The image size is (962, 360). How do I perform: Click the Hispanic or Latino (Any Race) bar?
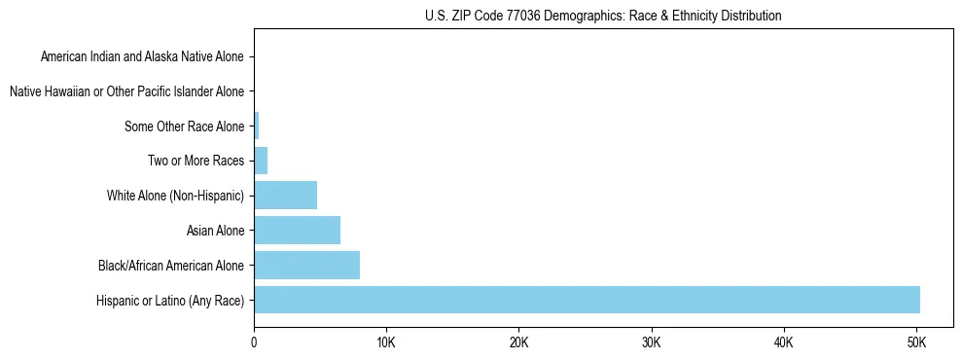pos(587,300)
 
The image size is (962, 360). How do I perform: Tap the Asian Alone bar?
pos(297,231)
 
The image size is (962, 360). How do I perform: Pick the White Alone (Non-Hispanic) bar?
pos(285,196)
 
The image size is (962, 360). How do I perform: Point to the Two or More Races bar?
pos(261,161)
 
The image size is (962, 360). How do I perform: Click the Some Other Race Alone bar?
pos(257,126)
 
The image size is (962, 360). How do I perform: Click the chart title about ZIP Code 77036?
pos(603,16)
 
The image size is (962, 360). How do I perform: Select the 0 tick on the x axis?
pos(254,342)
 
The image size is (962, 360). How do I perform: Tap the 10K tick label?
pos(386,342)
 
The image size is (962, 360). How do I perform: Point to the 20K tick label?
pos(518,342)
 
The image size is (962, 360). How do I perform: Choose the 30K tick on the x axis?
pos(652,342)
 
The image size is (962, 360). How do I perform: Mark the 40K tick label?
pos(784,342)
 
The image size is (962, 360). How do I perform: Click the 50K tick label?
pos(916,342)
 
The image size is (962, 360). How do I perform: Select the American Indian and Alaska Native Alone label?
pos(142,57)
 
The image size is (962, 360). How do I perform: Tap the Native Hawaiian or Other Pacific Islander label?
pos(126,91)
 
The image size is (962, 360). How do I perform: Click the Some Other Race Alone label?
pos(185,126)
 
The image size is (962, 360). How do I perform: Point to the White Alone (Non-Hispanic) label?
pos(175,196)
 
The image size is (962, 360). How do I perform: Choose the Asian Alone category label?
pos(215,231)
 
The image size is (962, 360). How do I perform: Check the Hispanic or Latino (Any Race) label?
pos(170,300)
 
